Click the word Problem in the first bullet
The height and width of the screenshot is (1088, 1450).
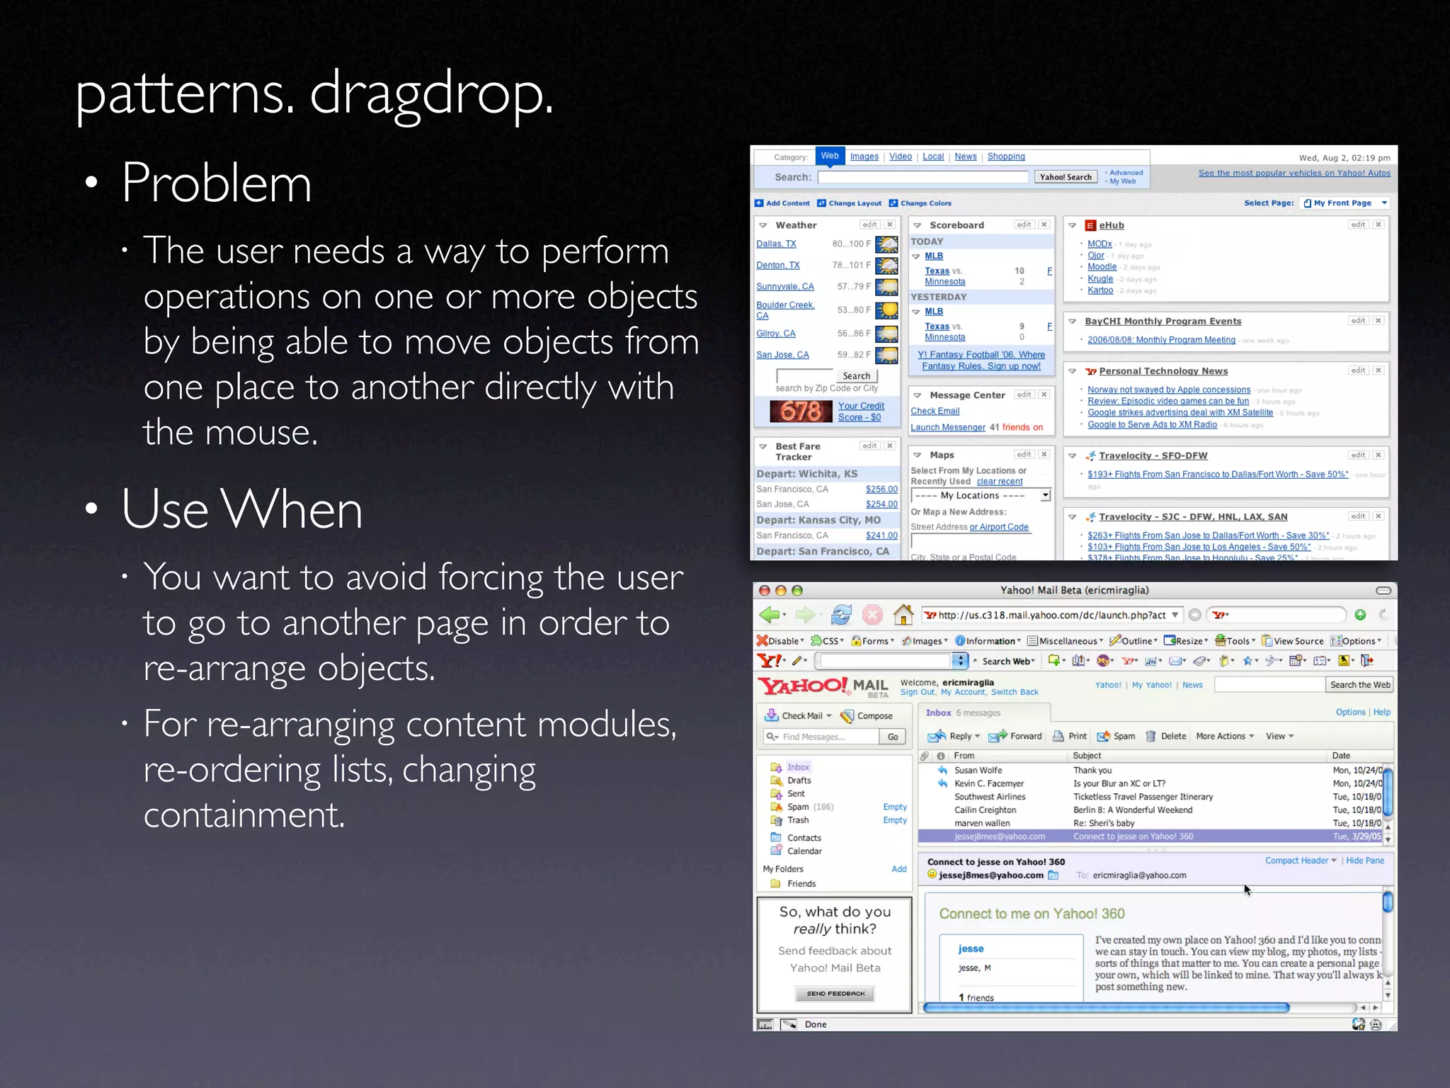pos(216,183)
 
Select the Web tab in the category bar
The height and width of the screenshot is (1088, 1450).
pos(830,156)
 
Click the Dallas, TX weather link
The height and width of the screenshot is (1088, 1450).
pos(776,244)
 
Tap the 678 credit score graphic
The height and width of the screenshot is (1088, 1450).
pos(801,411)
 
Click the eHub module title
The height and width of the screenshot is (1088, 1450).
pos(1111,225)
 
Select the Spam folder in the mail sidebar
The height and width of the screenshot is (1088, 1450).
pos(798,807)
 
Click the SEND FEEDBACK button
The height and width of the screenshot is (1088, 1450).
pos(835,994)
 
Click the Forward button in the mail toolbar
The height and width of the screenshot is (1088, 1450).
pos(1016,736)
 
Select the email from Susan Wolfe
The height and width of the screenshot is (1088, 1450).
pos(978,770)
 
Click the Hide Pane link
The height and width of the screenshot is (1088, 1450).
pos(1364,861)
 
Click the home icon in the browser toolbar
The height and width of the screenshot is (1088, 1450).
pos(903,615)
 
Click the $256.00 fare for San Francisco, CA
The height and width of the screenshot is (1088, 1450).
pos(881,489)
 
